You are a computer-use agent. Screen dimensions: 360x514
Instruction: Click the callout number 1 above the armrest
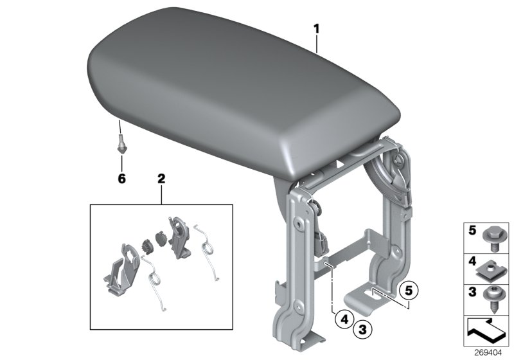pyautogui.click(x=316, y=29)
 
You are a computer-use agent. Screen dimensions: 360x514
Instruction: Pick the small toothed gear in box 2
pyautogui.click(x=145, y=244)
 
